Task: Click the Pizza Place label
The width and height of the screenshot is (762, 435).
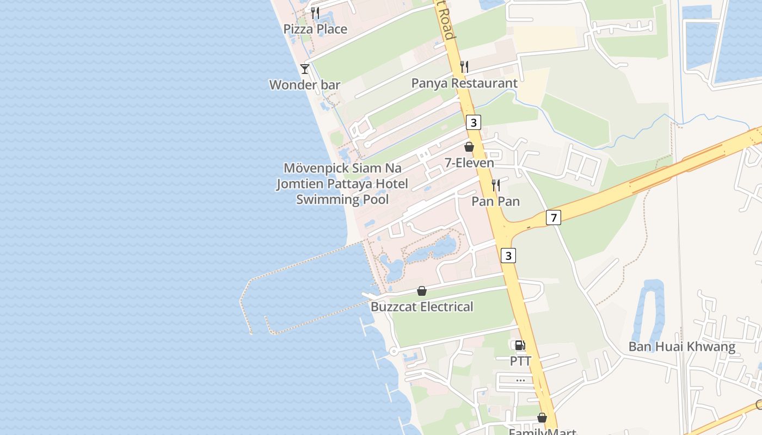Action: click(315, 29)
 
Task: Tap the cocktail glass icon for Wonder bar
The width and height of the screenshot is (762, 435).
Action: click(305, 69)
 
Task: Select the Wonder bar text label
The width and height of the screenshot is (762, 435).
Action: click(305, 85)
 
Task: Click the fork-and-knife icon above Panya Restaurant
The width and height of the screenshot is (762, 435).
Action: click(464, 67)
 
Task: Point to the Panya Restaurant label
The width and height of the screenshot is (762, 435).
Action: click(464, 83)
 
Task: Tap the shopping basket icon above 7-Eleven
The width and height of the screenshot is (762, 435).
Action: click(469, 147)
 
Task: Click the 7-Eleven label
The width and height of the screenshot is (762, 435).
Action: click(469, 163)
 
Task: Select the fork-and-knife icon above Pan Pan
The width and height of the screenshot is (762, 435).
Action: click(495, 185)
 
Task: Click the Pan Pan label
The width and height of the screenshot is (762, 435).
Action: click(495, 201)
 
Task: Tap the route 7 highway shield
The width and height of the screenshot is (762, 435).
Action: click(553, 218)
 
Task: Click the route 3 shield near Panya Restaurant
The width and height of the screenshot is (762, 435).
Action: click(474, 123)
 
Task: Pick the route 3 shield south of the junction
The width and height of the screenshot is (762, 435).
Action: click(508, 255)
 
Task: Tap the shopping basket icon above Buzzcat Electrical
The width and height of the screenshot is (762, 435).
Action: click(422, 291)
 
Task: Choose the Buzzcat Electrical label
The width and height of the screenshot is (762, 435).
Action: click(422, 307)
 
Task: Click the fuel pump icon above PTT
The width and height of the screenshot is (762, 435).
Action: click(520, 345)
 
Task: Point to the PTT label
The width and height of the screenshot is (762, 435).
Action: click(520, 361)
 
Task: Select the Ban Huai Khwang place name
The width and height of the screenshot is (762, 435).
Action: click(681, 346)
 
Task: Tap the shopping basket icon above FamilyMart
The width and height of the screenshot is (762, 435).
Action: click(542, 418)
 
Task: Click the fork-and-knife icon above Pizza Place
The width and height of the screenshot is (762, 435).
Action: click(315, 13)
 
